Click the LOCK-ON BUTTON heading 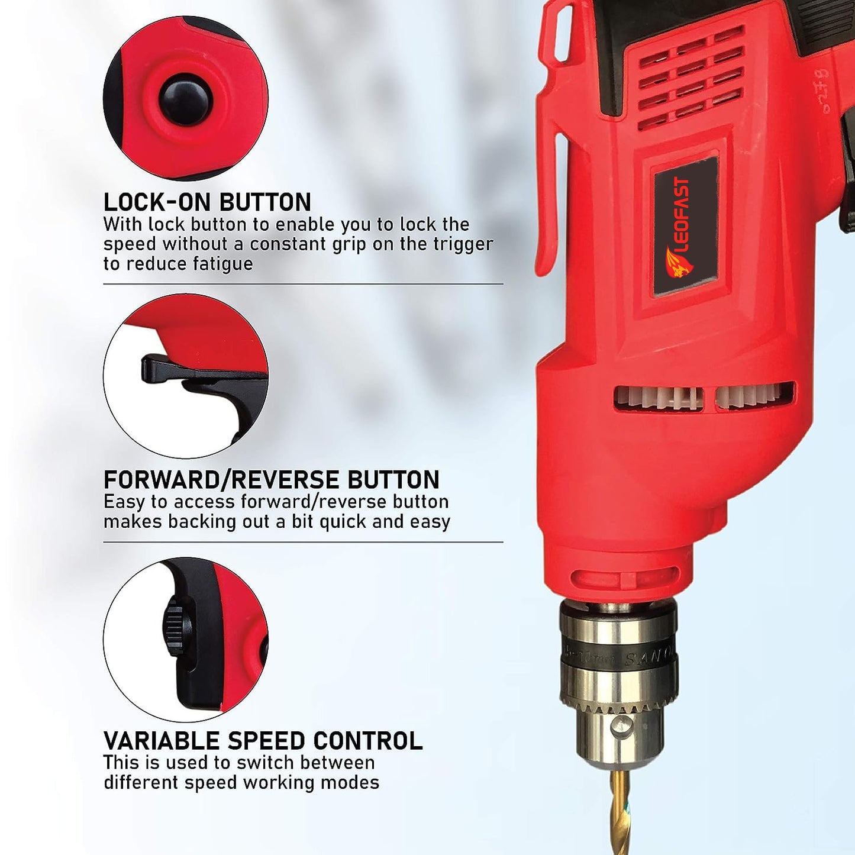coord(207,202)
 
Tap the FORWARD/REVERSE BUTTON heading coord(271,480)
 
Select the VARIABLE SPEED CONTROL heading coord(263,741)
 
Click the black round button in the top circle coord(185,99)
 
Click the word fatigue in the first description coord(222,264)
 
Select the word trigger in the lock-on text coord(464,244)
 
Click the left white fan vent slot coord(658,398)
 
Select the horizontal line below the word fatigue coord(303,284)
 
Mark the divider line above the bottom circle coord(303,542)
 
